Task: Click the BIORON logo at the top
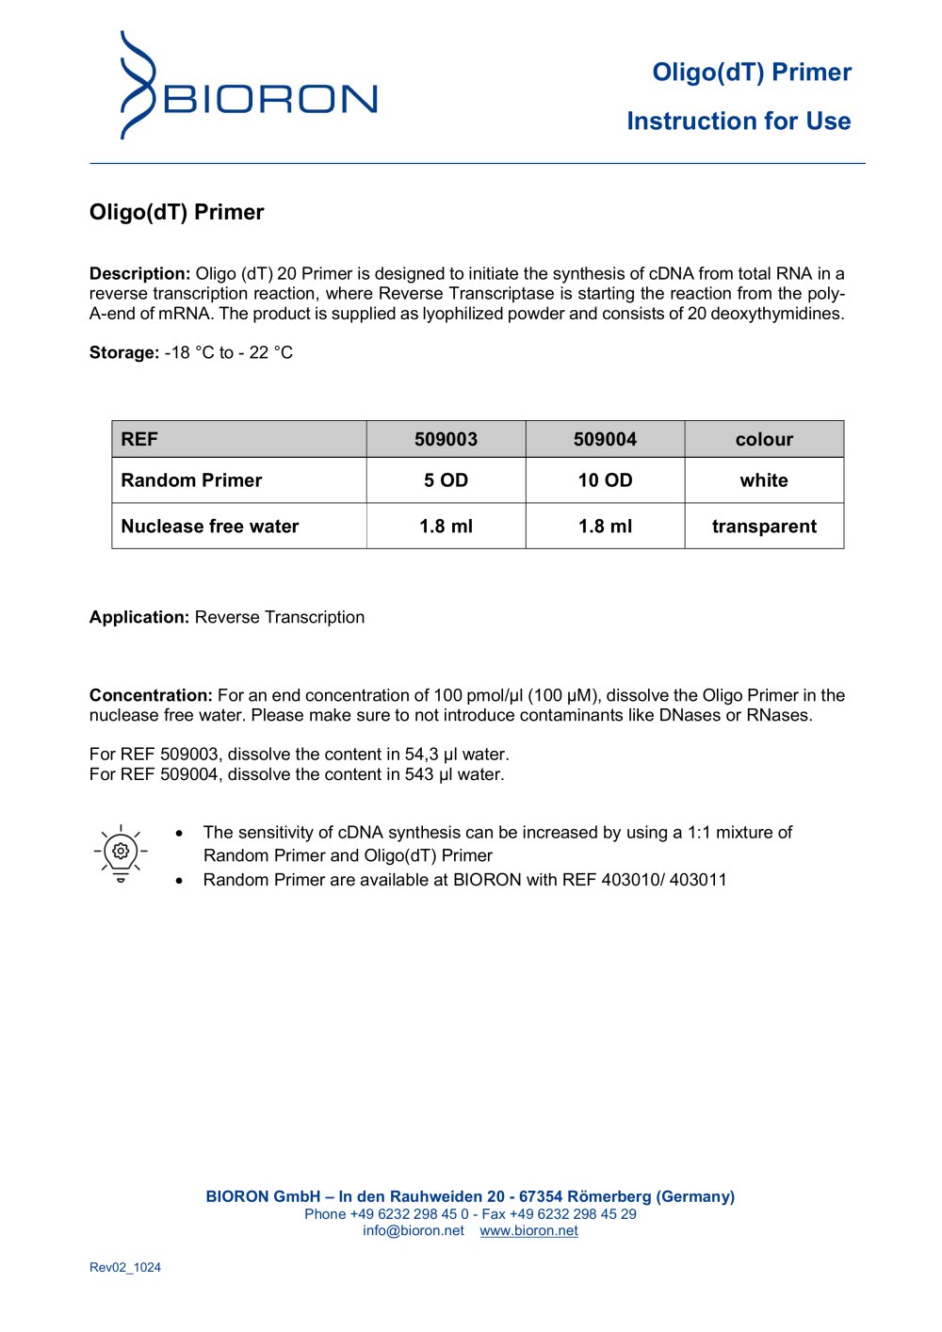249,87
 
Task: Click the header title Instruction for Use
739,122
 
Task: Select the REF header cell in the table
139,439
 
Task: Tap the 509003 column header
446,439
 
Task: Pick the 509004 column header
605,439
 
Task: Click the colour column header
764,439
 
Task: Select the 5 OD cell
446,480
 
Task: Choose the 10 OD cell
605,480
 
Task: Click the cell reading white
764,480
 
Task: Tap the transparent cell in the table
764,527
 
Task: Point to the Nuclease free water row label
210,527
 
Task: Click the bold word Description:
139,274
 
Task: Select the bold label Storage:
124,353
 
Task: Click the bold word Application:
139,618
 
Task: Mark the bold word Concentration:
151,696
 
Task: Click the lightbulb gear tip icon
121,853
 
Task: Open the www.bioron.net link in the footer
528,1231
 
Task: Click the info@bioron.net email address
414,1231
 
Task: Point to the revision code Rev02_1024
125,1268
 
